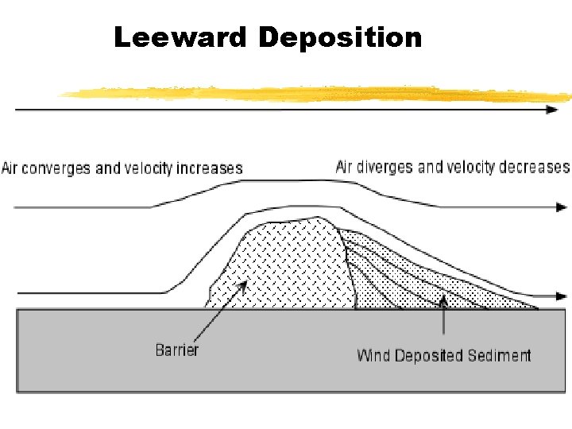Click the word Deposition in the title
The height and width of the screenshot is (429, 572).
click(340, 37)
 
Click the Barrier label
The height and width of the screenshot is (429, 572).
click(177, 350)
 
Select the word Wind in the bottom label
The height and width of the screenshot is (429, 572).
click(373, 355)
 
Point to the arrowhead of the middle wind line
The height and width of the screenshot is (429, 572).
click(559, 207)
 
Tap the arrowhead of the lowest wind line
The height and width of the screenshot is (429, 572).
click(561, 296)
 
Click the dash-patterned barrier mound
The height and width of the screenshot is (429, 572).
click(286, 262)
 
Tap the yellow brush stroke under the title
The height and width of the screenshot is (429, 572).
click(318, 94)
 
